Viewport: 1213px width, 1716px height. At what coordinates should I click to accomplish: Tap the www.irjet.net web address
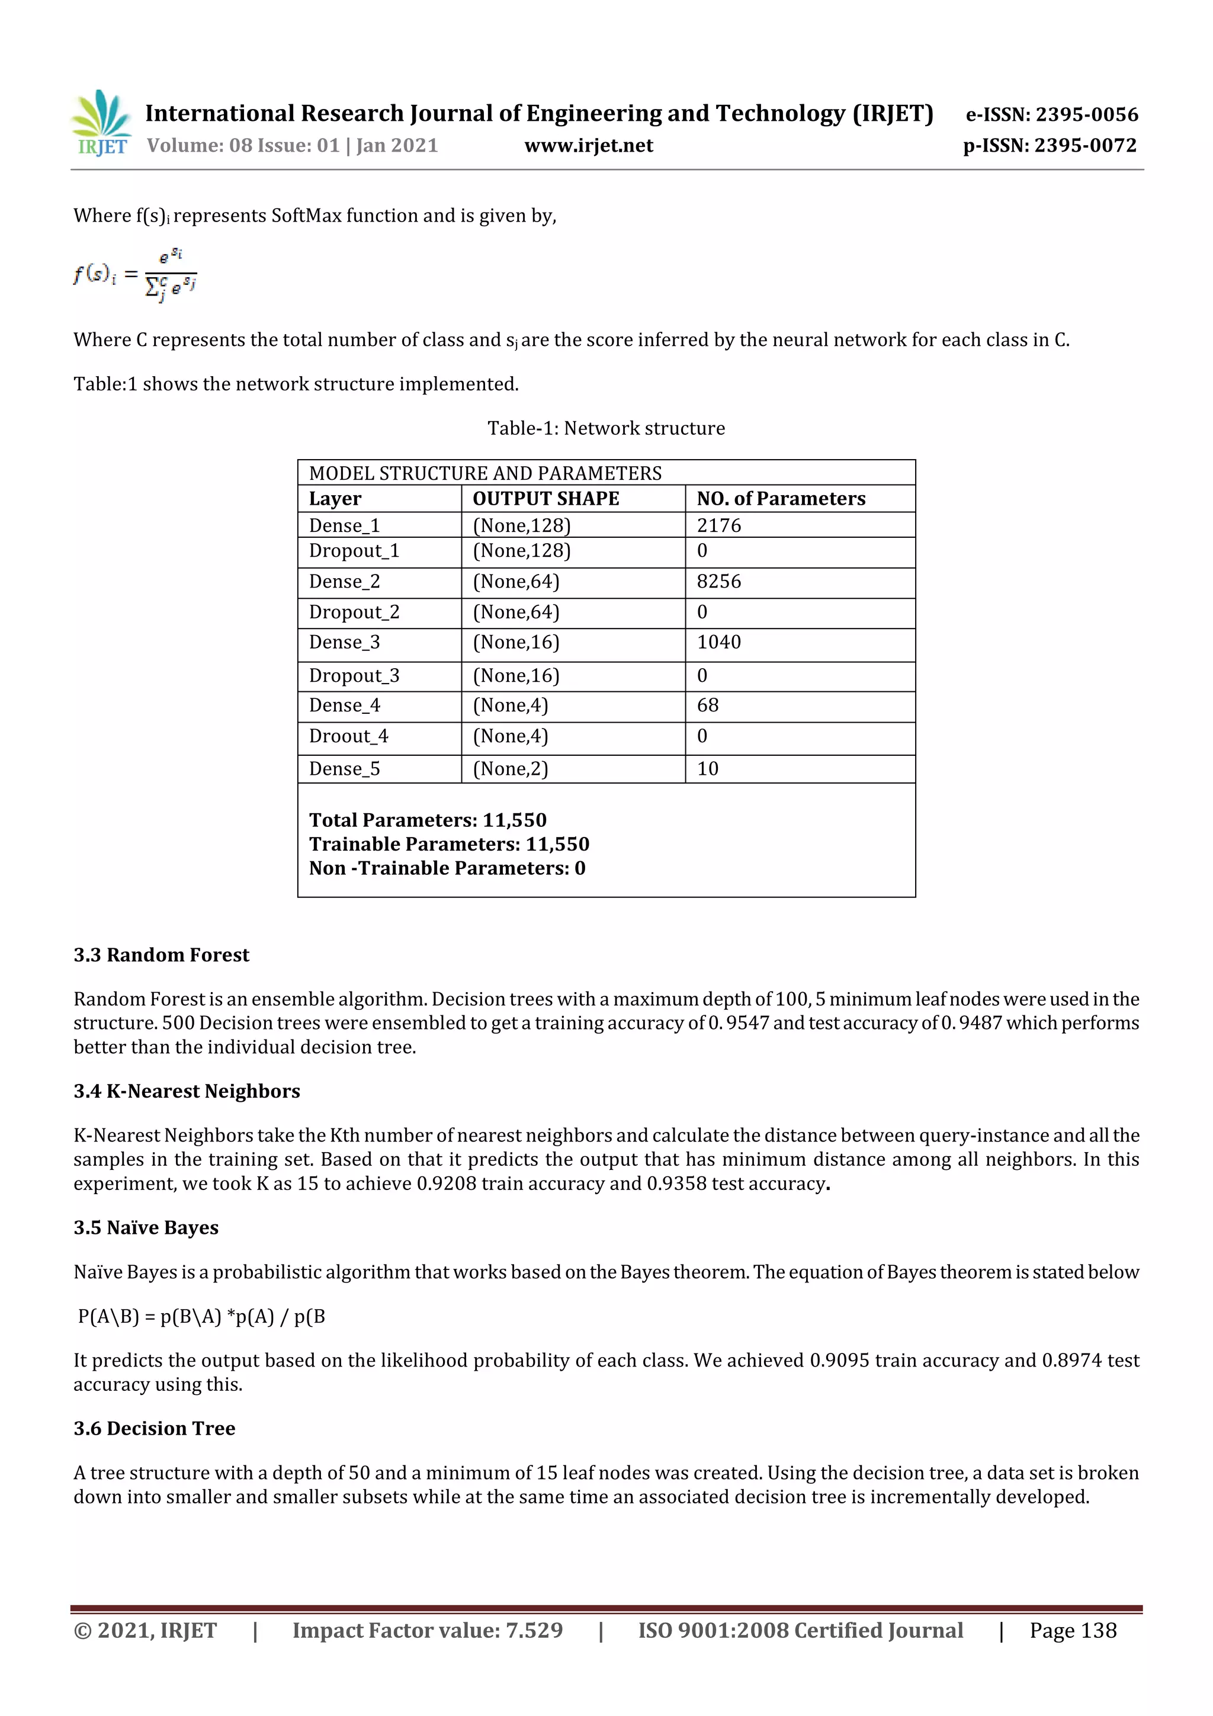[588, 146]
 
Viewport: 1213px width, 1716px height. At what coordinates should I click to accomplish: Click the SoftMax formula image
[135, 274]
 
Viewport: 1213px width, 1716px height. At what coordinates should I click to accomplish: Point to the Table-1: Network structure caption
[606, 428]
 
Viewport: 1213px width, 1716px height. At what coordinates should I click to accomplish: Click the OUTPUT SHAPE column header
[545, 499]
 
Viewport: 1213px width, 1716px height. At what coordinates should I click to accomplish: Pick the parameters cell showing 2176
[719, 525]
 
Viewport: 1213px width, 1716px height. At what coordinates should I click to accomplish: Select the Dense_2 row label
[345, 582]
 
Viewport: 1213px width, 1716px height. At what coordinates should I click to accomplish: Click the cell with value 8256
[719, 582]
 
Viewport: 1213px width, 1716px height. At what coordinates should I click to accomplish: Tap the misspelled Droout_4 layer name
[348, 736]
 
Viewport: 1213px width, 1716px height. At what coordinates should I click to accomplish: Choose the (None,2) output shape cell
[511, 769]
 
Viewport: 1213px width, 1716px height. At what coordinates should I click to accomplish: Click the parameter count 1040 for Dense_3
[719, 642]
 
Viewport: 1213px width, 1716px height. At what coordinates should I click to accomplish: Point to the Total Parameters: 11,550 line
[428, 820]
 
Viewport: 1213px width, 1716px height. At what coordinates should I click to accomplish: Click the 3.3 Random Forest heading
[162, 955]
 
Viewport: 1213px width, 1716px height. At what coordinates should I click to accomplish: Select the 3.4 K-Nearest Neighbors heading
[187, 1091]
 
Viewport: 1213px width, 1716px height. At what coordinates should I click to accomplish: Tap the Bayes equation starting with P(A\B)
[202, 1316]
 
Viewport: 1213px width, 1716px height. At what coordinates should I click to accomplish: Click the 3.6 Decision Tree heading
[155, 1428]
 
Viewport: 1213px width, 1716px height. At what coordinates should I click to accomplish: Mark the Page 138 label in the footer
[1073, 1630]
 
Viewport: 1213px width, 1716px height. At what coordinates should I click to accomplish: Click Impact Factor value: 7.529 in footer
[428, 1630]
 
